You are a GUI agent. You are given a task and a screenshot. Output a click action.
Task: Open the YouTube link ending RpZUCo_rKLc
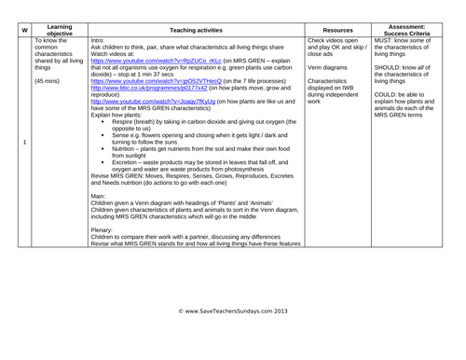tap(135, 62)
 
